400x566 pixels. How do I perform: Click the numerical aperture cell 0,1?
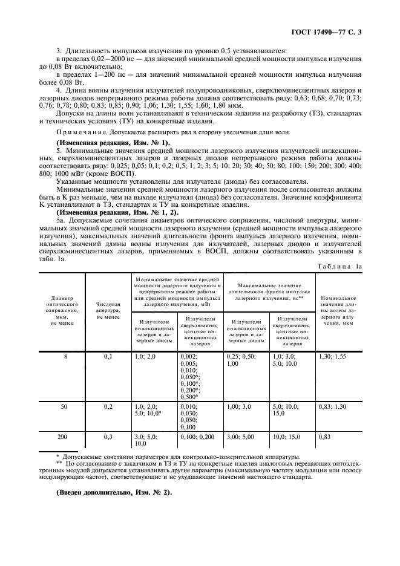108,357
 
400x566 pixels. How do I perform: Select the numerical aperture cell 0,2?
108,407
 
